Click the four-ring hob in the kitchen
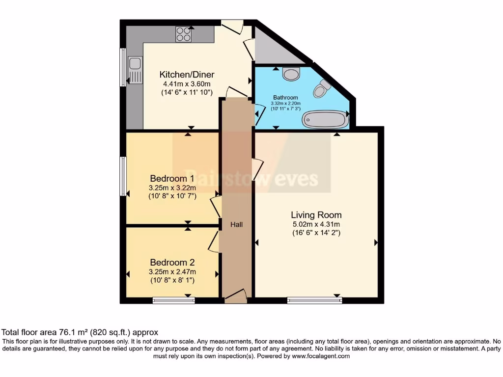184,34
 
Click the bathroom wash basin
292,74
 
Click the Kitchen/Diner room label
187,75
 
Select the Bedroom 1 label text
172,178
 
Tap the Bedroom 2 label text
172,262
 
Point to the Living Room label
316,215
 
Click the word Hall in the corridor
237,224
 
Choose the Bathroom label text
285,97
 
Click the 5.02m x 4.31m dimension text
316,224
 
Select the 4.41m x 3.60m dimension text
187,83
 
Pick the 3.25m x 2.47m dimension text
172,271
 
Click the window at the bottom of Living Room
314,300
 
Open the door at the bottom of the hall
236,295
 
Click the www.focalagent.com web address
322,356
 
